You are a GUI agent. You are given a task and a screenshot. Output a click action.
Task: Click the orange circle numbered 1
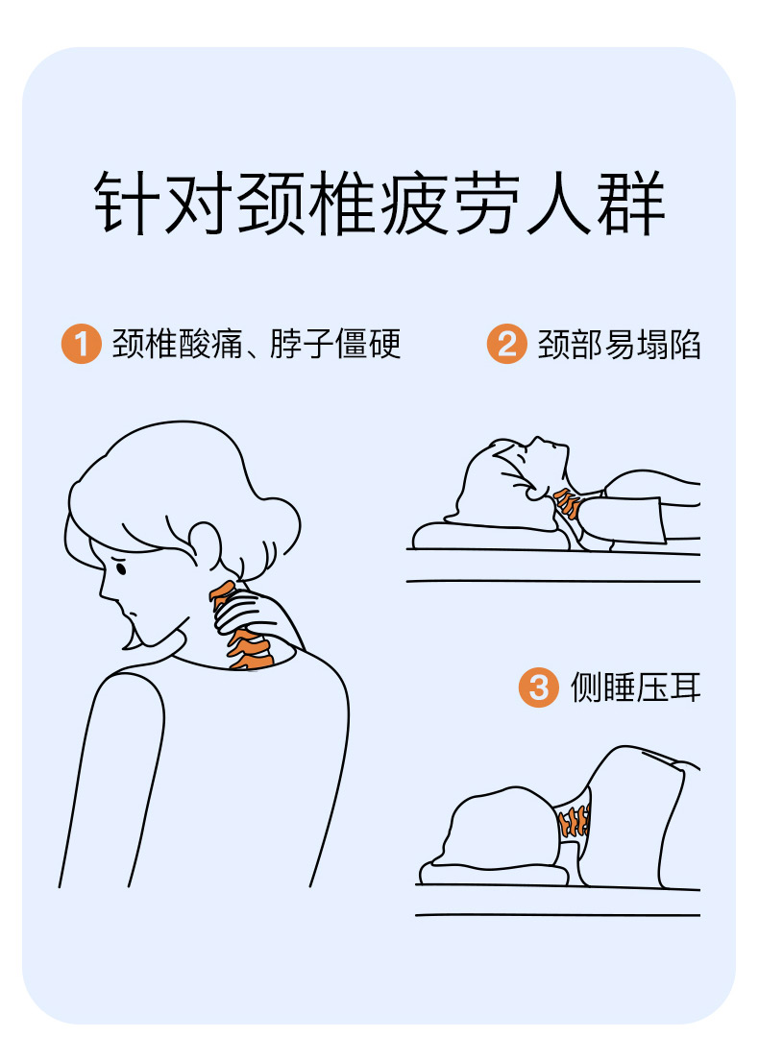pos(82,343)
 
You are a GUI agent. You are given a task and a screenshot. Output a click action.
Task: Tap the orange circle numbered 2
pos(506,343)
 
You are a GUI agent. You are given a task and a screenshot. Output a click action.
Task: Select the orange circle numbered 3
pos(538,687)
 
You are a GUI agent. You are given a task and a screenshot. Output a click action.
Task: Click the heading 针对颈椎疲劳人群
pos(379,203)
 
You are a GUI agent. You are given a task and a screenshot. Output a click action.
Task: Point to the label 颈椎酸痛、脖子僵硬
pos(257,343)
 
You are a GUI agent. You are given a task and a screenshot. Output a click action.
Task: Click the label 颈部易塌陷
pos(619,344)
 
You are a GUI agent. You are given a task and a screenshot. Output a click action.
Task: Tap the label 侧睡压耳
pos(635,687)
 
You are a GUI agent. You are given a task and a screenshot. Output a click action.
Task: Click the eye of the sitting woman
pos(120,567)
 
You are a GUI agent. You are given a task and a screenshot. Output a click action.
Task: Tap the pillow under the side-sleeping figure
pos(494,874)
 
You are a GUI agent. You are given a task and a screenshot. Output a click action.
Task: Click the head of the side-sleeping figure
pos(503,829)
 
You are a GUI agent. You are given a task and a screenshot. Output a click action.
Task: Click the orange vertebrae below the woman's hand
pos(251,650)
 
